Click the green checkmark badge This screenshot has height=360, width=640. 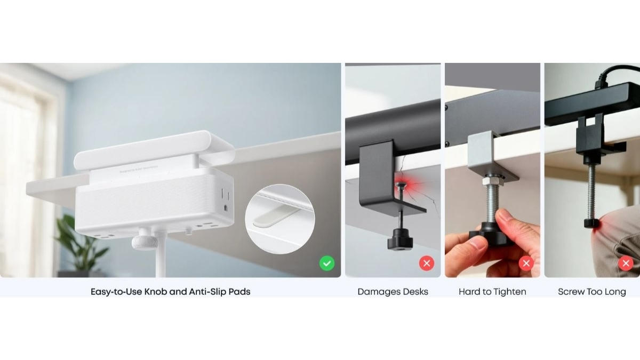(327, 263)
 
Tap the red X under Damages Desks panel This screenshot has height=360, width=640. (426, 263)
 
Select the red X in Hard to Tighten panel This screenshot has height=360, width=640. (526, 263)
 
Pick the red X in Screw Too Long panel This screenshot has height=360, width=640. (626, 263)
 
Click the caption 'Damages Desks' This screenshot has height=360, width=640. (393, 292)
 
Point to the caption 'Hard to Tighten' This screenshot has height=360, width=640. (492, 292)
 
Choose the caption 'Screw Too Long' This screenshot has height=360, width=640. (591, 292)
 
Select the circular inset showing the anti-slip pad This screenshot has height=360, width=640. (279, 219)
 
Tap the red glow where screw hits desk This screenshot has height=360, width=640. (400, 186)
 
